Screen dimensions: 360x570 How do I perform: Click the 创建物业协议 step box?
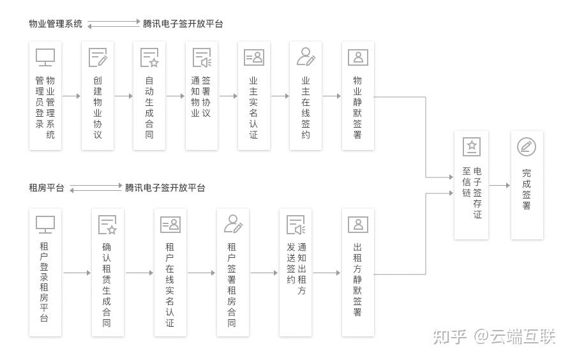point(98,96)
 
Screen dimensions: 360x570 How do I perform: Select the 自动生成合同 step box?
point(149,96)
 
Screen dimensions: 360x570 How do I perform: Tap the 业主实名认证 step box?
point(253,96)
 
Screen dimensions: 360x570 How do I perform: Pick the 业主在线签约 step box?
point(306,96)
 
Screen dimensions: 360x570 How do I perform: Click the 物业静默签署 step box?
point(357,96)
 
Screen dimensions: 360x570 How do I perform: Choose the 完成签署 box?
point(527,185)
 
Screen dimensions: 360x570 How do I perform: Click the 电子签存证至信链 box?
point(471,185)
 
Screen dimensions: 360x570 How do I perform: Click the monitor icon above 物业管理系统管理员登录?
point(45,57)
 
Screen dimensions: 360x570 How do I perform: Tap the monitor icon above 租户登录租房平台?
point(45,224)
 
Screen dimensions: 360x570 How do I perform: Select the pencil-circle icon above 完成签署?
point(527,147)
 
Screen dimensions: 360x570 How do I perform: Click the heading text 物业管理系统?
point(56,24)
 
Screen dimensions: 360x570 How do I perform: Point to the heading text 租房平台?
point(47,188)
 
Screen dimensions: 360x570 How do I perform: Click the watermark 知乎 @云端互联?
point(494,336)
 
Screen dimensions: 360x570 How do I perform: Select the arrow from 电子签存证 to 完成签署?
point(500,186)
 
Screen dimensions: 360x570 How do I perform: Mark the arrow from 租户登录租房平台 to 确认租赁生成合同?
point(77,273)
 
